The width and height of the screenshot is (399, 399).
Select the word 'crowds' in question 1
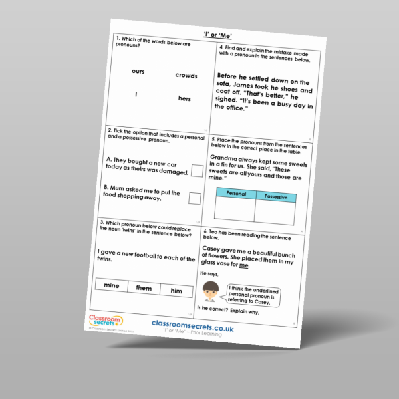pos(186,76)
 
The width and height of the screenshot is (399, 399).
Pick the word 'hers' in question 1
pos(184,98)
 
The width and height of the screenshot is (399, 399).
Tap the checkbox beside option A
pos(197,171)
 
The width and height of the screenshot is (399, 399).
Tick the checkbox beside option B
pos(194,198)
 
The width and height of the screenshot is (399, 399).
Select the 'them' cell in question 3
pos(144,288)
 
